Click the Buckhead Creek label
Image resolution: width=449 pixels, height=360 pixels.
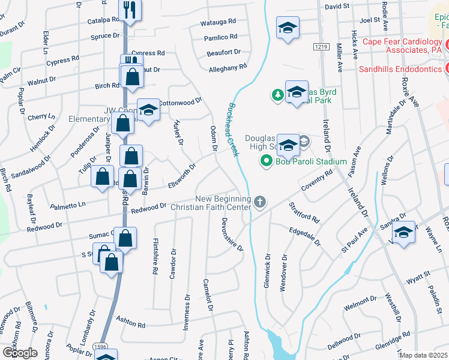233,130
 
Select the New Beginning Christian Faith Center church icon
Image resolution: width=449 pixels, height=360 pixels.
259,201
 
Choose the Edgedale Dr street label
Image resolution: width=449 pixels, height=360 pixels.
305,237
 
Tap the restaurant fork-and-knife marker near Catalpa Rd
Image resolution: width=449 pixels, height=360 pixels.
130,9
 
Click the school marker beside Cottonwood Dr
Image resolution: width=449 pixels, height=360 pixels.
148,110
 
